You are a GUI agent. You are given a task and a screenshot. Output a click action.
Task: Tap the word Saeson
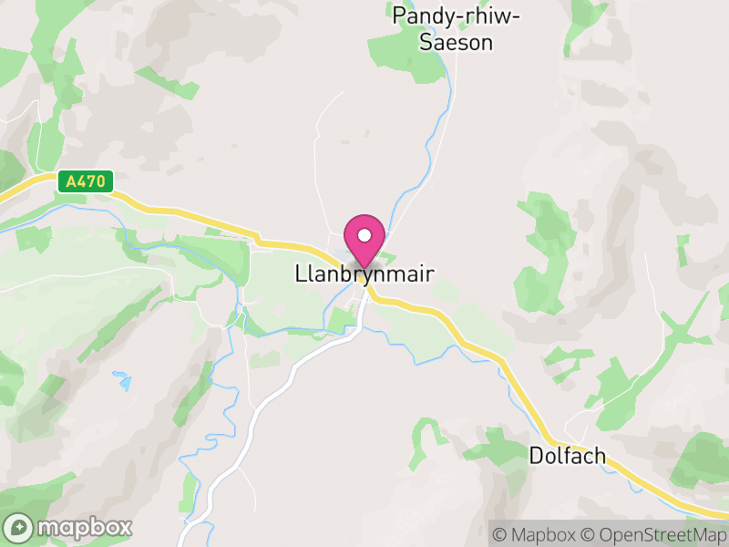pyautogui.click(x=456, y=42)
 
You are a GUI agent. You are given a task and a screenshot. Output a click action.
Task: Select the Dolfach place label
pyautogui.click(x=567, y=456)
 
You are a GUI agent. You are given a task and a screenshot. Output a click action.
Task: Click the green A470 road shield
pyautogui.click(x=87, y=182)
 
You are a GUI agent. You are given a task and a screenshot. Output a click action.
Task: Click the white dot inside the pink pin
pyautogui.click(x=364, y=236)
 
